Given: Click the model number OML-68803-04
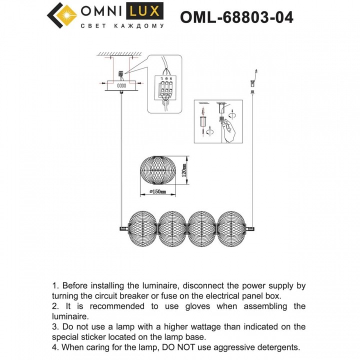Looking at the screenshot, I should click(236, 17).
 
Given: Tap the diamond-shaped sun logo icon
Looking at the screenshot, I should click(61, 16).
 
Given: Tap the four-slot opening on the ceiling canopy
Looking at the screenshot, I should click(121, 86).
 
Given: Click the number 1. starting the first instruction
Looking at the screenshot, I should click(56, 286).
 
